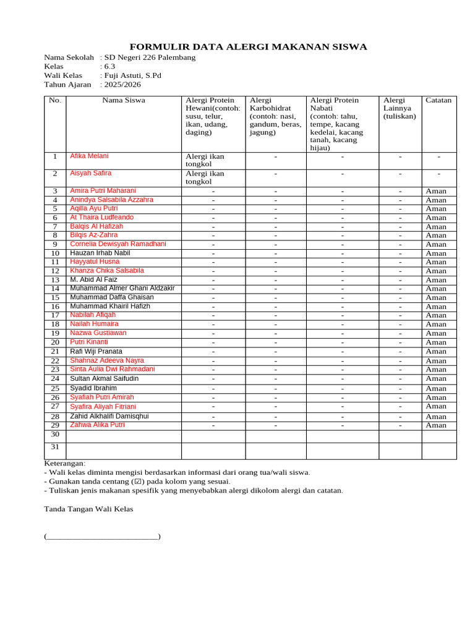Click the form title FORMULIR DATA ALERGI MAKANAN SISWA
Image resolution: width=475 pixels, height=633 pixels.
click(248, 47)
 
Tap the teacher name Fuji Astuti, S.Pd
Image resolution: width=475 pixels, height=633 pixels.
click(132, 75)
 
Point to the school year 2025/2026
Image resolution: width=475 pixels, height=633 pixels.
click(122, 85)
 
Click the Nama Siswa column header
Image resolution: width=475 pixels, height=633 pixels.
click(124, 100)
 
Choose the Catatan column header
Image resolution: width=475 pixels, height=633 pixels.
click(439, 100)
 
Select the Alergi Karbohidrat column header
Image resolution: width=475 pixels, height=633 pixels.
click(275, 116)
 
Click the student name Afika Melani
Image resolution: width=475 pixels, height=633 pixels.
click(89, 156)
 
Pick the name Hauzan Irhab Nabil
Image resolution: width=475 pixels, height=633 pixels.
click(100, 253)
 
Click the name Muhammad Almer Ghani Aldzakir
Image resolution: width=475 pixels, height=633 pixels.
click(122, 288)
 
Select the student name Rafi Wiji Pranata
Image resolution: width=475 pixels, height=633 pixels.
click(96, 351)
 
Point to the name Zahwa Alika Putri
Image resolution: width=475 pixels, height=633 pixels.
click(97, 425)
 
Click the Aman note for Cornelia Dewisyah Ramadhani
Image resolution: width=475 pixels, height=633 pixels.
click(436, 244)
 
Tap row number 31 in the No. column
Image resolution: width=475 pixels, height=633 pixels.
click(55, 447)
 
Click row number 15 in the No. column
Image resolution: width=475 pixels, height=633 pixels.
click(55, 298)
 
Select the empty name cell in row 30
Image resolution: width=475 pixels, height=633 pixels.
click(124, 436)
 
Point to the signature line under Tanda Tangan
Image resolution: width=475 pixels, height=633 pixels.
click(102, 537)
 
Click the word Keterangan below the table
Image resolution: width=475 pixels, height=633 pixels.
click(65, 464)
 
